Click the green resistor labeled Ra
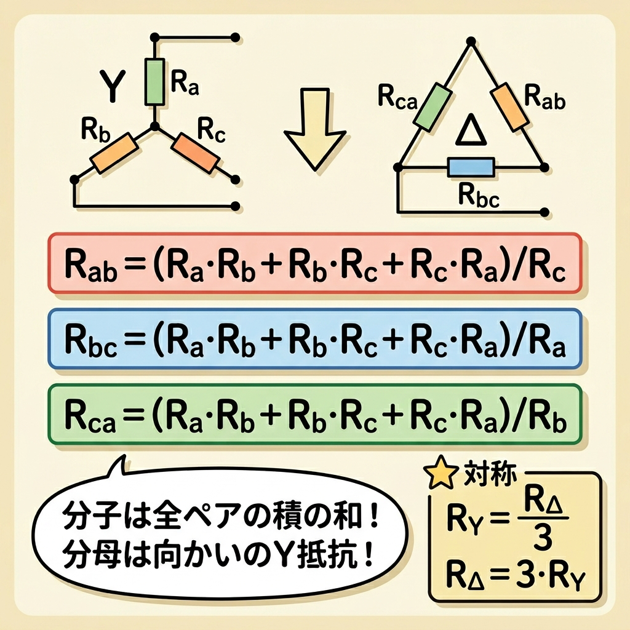point(154,82)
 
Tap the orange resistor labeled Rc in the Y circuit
point(195,152)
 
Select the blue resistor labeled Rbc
point(471,167)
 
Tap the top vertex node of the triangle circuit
point(471,41)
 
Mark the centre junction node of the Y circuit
point(154,127)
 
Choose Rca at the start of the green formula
point(90,416)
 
